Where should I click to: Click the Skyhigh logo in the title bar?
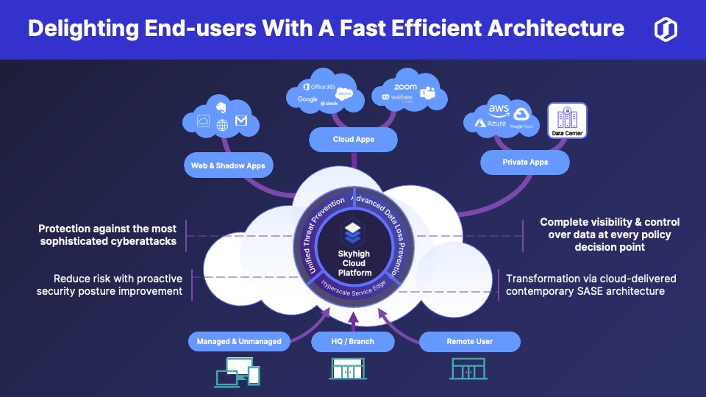[x=666, y=29]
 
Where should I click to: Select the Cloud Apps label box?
[x=353, y=139]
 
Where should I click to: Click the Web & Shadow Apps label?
[x=227, y=165]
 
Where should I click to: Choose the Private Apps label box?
[x=525, y=162]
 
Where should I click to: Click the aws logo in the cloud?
[x=499, y=110]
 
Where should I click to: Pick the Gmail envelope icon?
[x=241, y=121]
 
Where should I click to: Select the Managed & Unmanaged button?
[x=238, y=341]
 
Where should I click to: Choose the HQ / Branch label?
[x=353, y=341]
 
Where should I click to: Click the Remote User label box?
[x=469, y=341]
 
